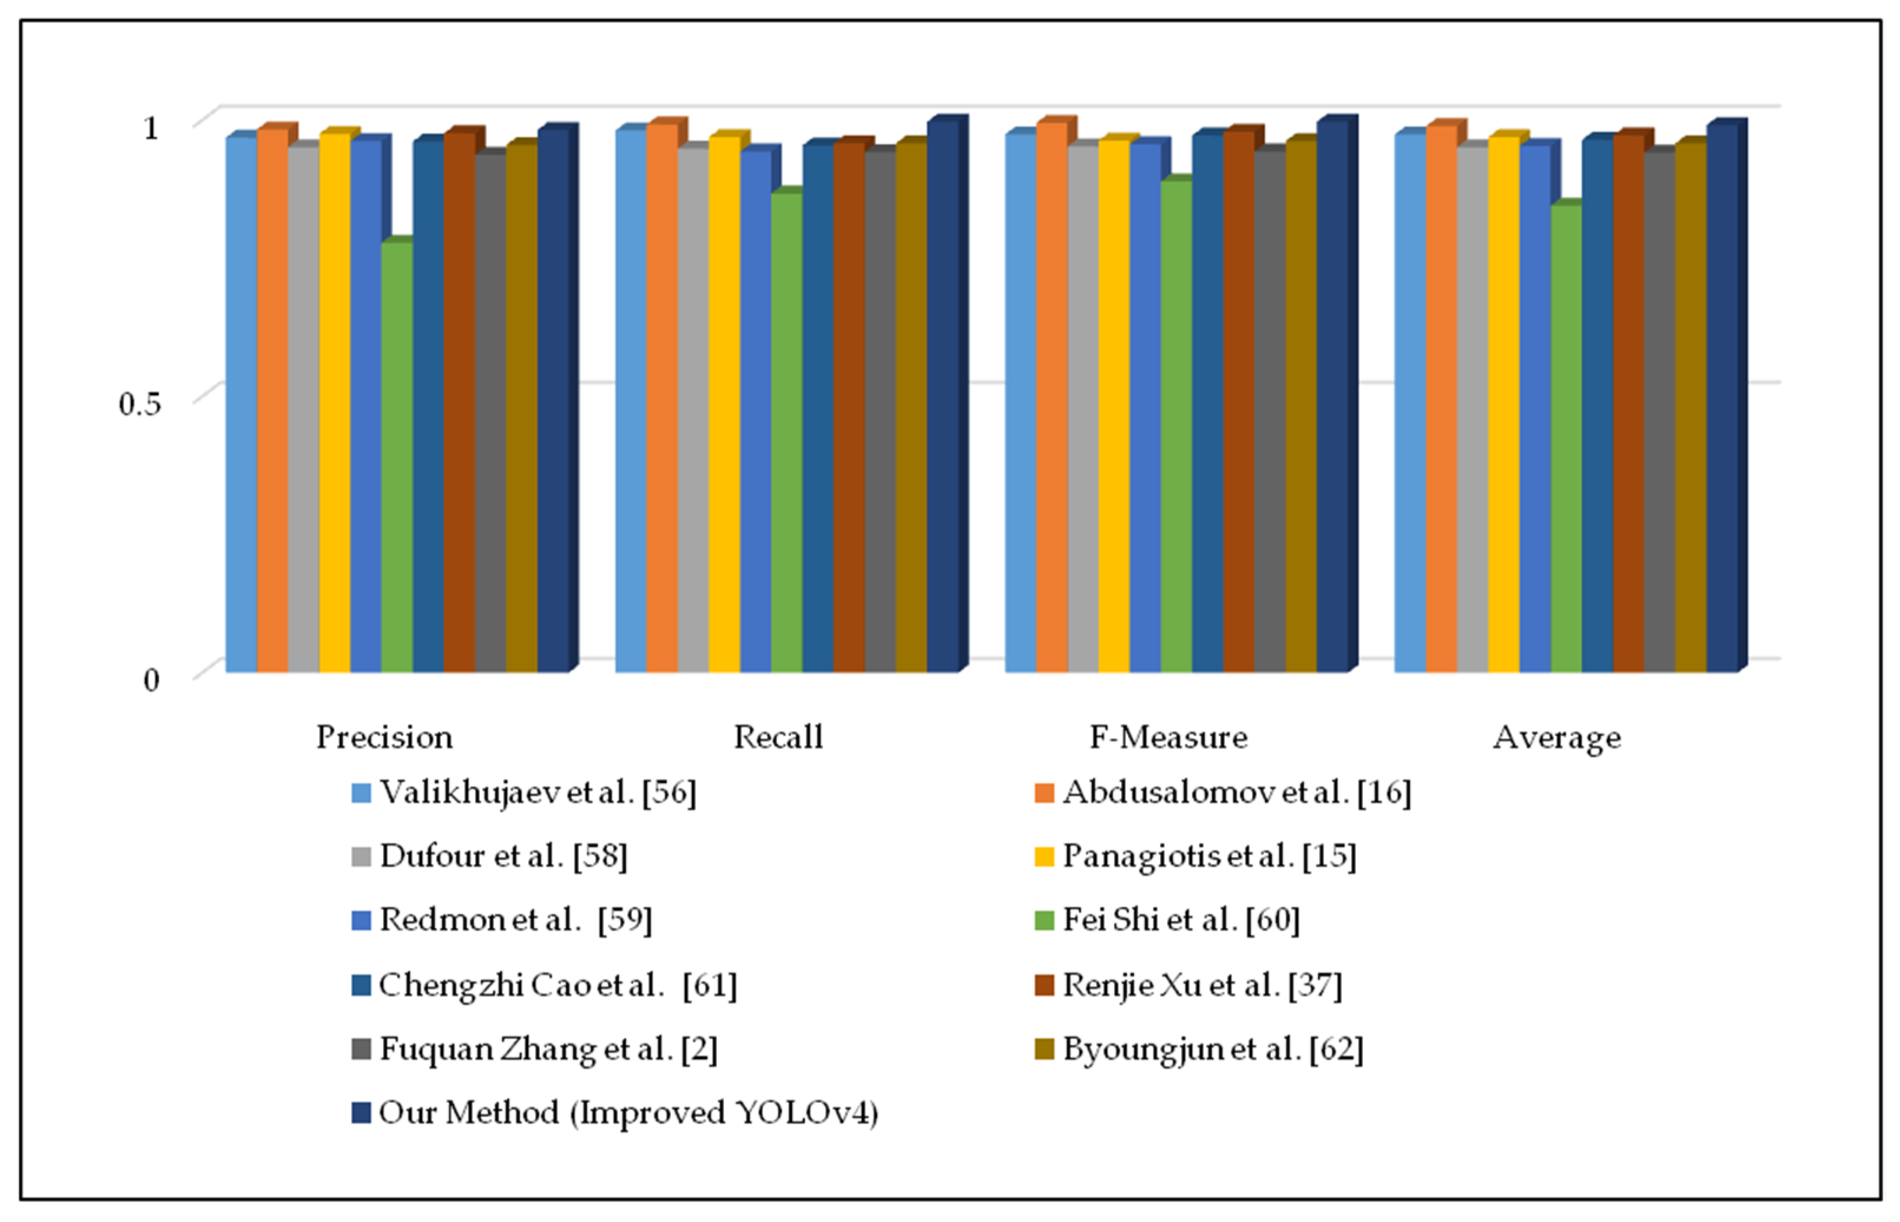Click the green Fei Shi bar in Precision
tap(397, 456)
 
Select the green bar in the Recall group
tap(786, 433)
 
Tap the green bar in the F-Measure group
tap(1175, 427)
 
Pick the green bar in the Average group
tap(1565, 438)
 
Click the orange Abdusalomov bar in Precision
tap(272, 401)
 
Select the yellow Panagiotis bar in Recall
tap(723, 405)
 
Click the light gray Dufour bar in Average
tap(1471, 409)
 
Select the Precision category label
tap(385, 737)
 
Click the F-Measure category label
tap(1168, 737)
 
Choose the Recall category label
tap(778, 737)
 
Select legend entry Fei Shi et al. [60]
tap(1180, 920)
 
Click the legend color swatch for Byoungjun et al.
tap(1045, 1050)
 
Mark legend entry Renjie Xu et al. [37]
tap(1202, 986)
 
